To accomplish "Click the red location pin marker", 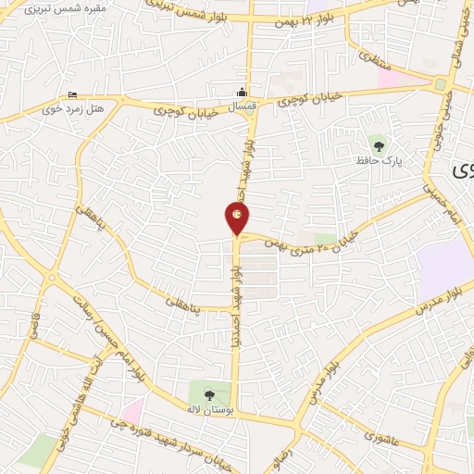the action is click(237, 218).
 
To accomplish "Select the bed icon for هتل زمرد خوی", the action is click(73, 95).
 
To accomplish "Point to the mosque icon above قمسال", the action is click(242, 92).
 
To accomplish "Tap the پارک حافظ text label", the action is click(375, 161).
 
